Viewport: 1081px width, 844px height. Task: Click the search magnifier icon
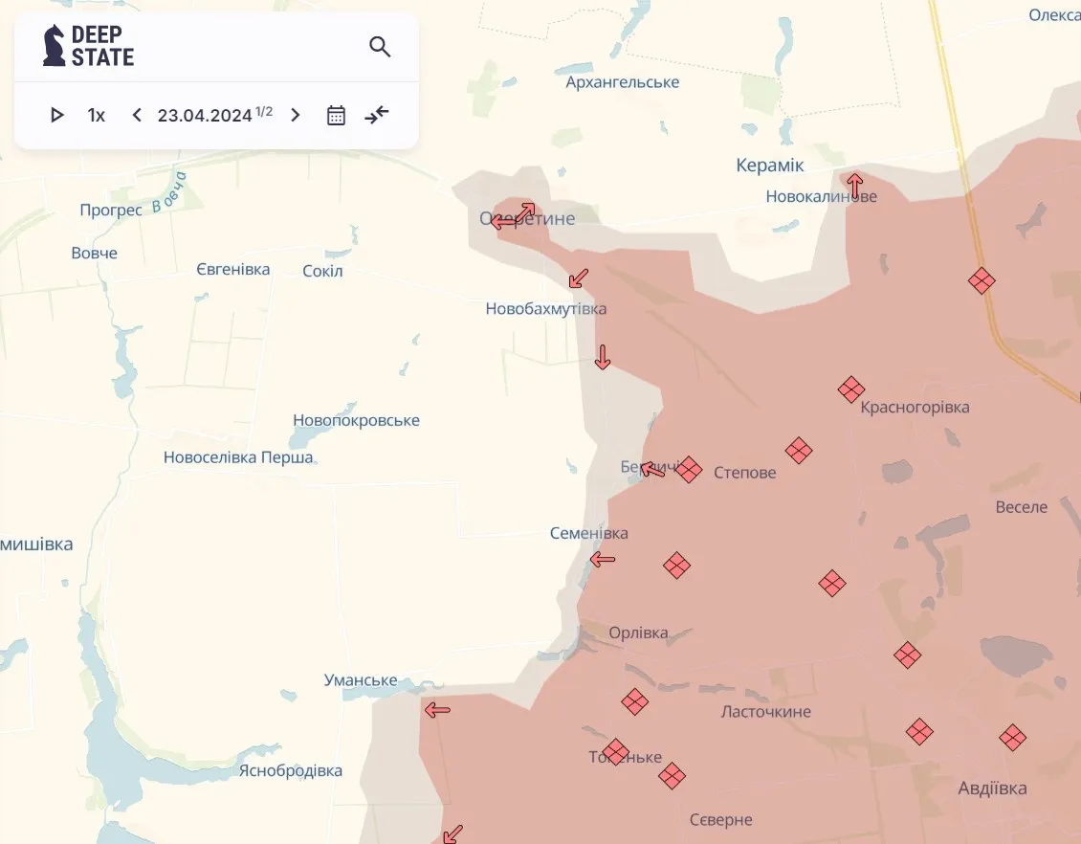click(380, 47)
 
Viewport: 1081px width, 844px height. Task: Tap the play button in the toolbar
click(56, 115)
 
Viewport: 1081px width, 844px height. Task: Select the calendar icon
click(336, 116)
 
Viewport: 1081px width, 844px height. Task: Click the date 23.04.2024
click(205, 115)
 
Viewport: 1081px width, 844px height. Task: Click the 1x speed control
click(96, 115)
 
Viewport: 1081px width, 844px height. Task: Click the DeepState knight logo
click(55, 45)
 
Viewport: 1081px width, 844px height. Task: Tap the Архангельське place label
click(622, 82)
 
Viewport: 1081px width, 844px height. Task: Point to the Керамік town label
click(770, 166)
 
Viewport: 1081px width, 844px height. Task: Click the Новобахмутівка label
click(545, 309)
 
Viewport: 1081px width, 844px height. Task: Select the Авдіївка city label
click(992, 788)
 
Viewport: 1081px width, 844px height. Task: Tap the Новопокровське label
click(356, 421)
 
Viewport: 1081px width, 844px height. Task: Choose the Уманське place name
click(361, 680)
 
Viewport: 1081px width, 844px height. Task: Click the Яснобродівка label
click(290, 770)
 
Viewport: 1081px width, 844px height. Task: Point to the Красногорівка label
click(915, 408)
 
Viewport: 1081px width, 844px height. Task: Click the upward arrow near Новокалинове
click(854, 184)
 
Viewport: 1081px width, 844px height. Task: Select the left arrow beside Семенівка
click(603, 559)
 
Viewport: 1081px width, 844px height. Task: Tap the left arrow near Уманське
click(437, 709)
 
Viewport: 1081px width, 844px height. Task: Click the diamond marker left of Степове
click(689, 469)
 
